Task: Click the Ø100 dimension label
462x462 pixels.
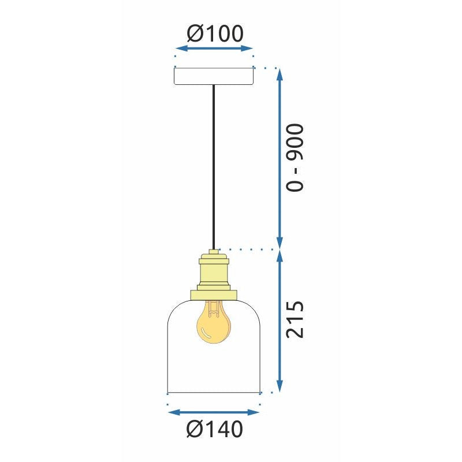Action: click(x=215, y=33)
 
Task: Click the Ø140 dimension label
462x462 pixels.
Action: click(x=215, y=429)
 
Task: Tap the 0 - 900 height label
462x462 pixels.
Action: click(x=295, y=157)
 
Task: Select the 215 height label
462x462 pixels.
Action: click(x=295, y=319)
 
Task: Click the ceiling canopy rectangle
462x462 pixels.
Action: click(x=214, y=76)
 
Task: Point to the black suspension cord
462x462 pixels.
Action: click(x=214, y=167)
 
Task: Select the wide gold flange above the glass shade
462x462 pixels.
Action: click(x=214, y=295)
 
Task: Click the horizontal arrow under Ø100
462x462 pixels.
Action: click(x=214, y=49)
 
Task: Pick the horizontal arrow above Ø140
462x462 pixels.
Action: click(x=214, y=412)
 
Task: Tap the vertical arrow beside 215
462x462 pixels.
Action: click(x=280, y=321)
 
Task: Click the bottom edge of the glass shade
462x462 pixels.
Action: click(x=214, y=392)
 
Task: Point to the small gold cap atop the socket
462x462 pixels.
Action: click(x=214, y=253)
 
